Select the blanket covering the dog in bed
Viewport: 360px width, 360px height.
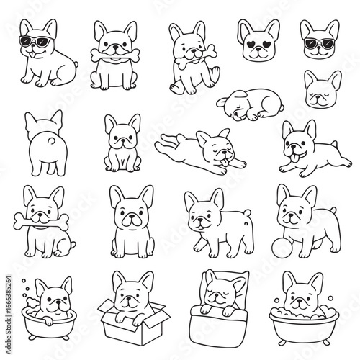point(218,323)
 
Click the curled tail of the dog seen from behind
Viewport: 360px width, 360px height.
point(51,141)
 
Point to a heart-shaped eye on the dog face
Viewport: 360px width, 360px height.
point(251,45)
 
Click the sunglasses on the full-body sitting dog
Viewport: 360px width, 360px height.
point(35,41)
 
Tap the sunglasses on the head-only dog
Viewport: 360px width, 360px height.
point(319,43)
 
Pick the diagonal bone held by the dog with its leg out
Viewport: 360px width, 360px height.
point(196,57)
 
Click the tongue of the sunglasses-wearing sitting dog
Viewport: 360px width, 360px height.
point(32,55)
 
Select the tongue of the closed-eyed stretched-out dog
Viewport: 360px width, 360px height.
point(225,162)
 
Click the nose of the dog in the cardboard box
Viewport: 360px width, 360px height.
point(129,299)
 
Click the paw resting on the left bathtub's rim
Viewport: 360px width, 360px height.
point(48,320)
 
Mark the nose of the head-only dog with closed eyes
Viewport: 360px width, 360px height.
point(318,97)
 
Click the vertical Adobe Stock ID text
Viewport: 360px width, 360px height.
point(8,315)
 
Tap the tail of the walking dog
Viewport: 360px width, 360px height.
point(247,212)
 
